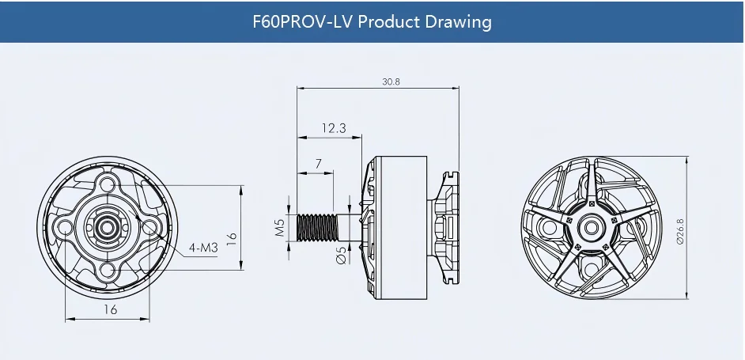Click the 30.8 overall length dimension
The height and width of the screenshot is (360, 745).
coord(391,81)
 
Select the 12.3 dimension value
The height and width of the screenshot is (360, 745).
coord(334,128)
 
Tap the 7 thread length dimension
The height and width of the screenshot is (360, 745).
coord(319,163)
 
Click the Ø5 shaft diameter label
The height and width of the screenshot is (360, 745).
coord(341,255)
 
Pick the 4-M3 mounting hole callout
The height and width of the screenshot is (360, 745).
coord(203,248)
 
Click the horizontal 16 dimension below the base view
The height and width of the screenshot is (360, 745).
coord(110,309)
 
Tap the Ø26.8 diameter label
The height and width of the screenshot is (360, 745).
coord(680,232)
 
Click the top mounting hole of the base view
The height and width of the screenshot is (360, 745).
coord(108,184)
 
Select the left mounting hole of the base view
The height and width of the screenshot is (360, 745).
coord(65,228)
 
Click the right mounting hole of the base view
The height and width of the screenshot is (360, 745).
coord(149,227)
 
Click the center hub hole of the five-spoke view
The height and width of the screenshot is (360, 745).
coord(591,228)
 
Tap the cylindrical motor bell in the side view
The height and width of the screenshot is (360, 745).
coord(400,228)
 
